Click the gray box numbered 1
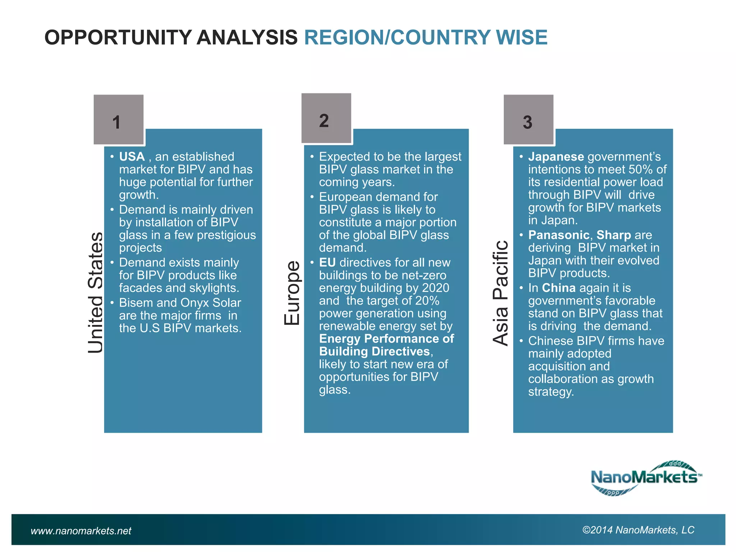click(x=119, y=120)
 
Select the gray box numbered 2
click(x=326, y=118)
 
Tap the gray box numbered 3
click(x=528, y=120)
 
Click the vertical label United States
click(x=96, y=293)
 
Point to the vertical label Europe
click(x=292, y=293)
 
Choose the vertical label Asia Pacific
click(x=501, y=293)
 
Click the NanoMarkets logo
click(x=646, y=478)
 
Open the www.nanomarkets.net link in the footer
click(x=81, y=531)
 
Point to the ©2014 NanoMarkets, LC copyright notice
click(x=638, y=530)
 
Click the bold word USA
click(x=132, y=157)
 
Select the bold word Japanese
click(x=556, y=157)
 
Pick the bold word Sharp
click(x=613, y=235)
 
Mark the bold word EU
click(x=327, y=263)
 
